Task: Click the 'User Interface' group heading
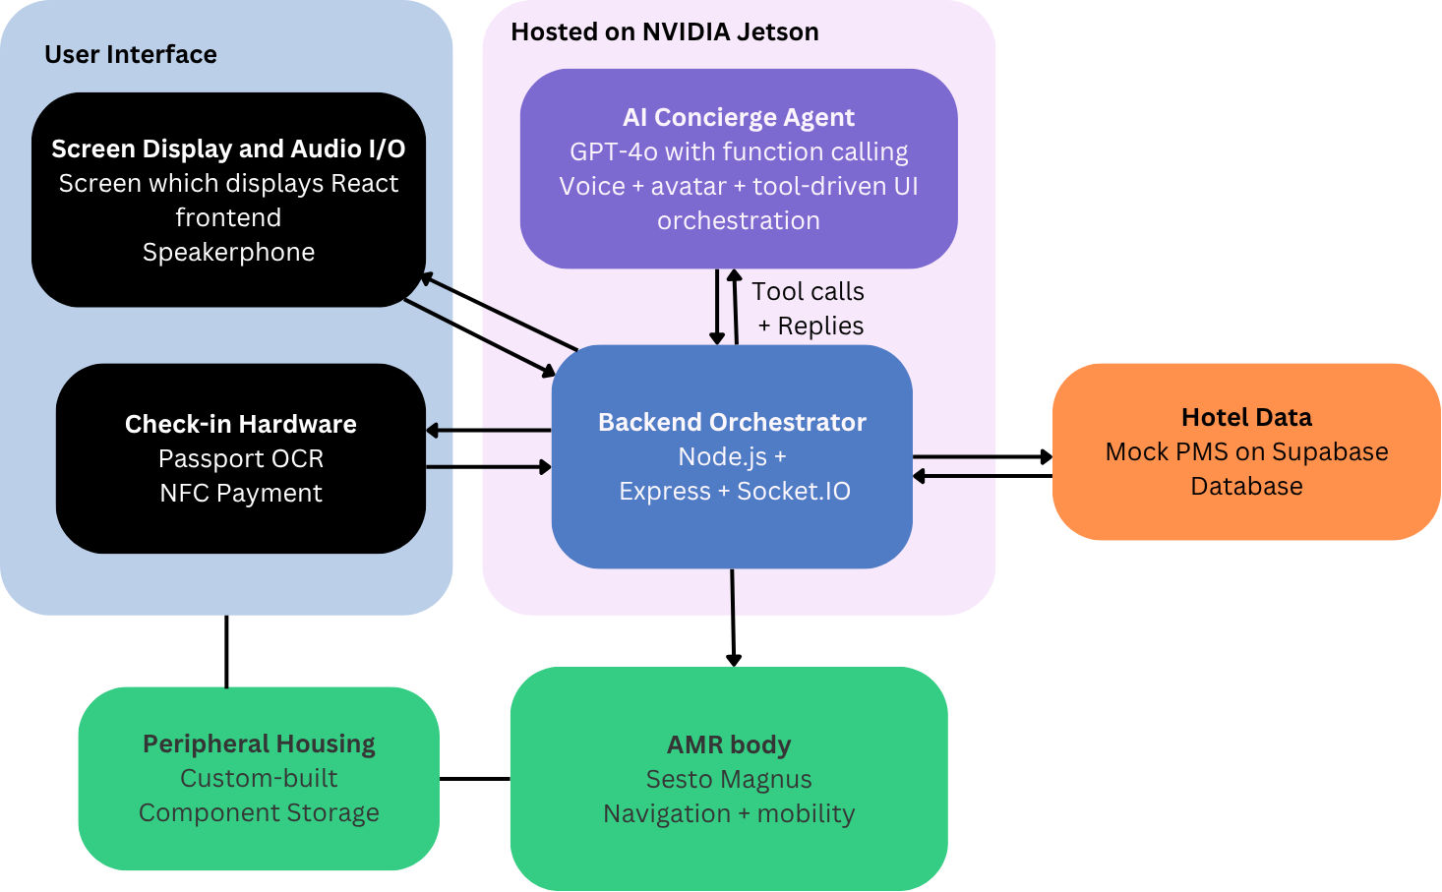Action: tap(131, 55)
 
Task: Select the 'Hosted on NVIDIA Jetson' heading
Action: tap(664, 32)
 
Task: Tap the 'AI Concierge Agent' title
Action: tap(738, 118)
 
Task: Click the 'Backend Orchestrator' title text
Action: tap(732, 423)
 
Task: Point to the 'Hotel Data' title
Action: tap(1246, 418)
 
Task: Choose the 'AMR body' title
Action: tap(729, 745)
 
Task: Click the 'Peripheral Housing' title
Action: tap(259, 744)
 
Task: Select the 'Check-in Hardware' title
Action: tap(241, 425)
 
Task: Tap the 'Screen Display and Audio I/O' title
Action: tap(228, 149)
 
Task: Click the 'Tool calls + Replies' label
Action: tap(809, 309)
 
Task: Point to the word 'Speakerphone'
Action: tap(228, 253)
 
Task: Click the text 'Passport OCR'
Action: tap(241, 459)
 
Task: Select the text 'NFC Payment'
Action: tap(241, 494)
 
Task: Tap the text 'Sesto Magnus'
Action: tap(729, 780)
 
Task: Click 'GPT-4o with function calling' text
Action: tap(739, 152)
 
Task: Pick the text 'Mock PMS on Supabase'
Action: tap(1246, 452)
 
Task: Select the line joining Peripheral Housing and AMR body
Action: tap(474, 779)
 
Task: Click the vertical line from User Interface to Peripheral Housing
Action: tap(226, 651)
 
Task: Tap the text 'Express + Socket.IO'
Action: tap(734, 492)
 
